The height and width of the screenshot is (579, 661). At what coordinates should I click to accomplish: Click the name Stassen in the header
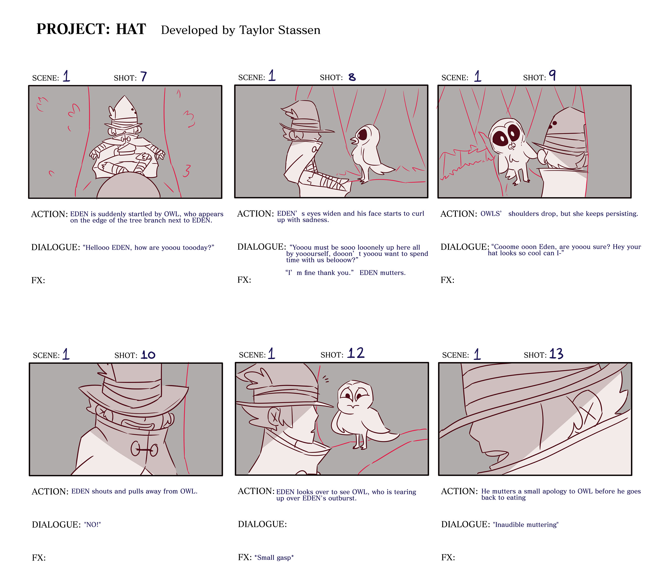point(299,30)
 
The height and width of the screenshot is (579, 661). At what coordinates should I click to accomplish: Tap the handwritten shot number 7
point(144,77)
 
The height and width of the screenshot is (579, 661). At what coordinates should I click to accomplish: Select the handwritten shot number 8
point(352,77)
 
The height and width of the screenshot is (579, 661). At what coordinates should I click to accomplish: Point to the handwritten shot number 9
point(552,75)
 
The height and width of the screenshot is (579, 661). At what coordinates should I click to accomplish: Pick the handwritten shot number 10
point(148,355)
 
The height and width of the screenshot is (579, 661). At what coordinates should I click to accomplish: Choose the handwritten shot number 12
point(356,353)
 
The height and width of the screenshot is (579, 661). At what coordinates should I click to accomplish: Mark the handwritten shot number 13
point(556,354)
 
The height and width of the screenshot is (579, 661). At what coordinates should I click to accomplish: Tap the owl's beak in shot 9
point(512,147)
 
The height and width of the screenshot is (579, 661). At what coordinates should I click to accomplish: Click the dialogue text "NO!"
point(92,525)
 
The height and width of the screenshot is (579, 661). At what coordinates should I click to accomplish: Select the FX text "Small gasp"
point(274,557)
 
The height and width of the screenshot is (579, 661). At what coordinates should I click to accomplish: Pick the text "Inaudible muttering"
point(526,525)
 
